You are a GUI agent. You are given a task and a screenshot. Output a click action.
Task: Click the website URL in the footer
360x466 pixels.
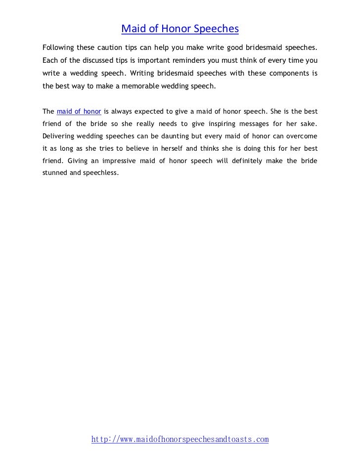pyautogui.click(x=180, y=439)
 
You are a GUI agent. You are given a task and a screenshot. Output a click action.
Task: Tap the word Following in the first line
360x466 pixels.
pyautogui.click(x=57, y=48)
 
